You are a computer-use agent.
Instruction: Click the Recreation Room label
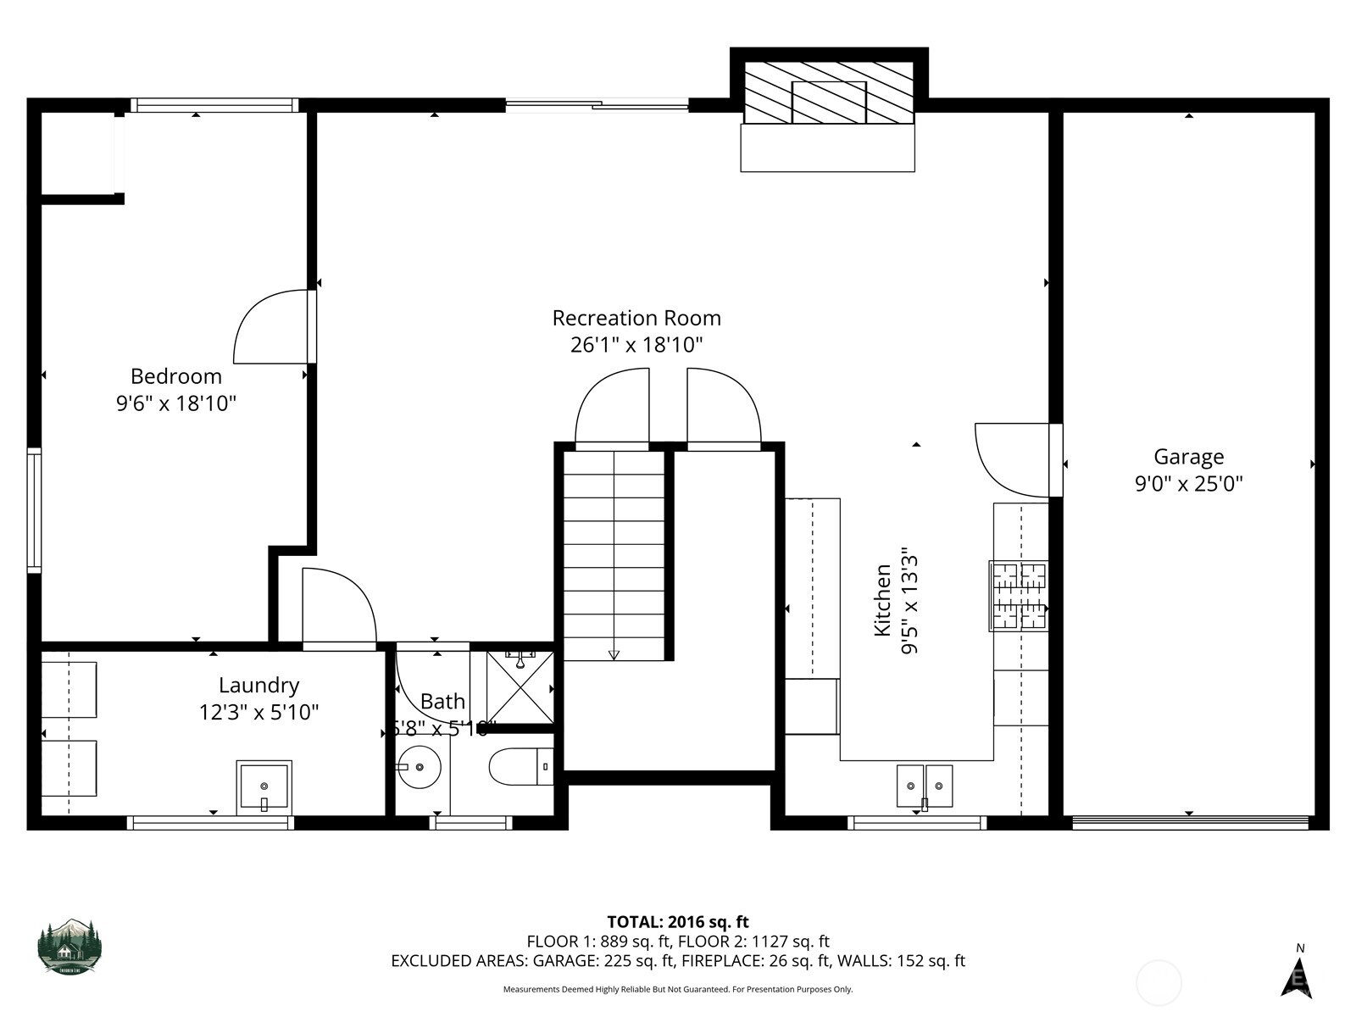[636, 318]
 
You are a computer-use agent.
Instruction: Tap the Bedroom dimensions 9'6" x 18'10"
[175, 403]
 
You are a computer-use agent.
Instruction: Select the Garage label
[1188, 457]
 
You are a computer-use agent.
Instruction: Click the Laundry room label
[258, 685]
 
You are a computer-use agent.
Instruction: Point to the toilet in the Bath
[519, 766]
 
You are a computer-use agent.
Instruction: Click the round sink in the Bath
[420, 766]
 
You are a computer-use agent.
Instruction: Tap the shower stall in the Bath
[520, 687]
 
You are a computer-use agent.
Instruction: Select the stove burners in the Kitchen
[1019, 596]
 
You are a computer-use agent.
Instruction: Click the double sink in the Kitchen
[925, 786]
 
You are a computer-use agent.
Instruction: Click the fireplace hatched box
[828, 92]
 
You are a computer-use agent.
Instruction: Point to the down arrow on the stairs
[614, 654]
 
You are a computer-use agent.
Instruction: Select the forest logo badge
[69, 946]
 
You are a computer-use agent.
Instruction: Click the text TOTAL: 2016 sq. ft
[678, 921]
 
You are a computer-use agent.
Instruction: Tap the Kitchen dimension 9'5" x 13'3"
[910, 600]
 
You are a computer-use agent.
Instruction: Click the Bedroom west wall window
[34, 510]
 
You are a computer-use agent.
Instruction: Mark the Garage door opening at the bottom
[1189, 821]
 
